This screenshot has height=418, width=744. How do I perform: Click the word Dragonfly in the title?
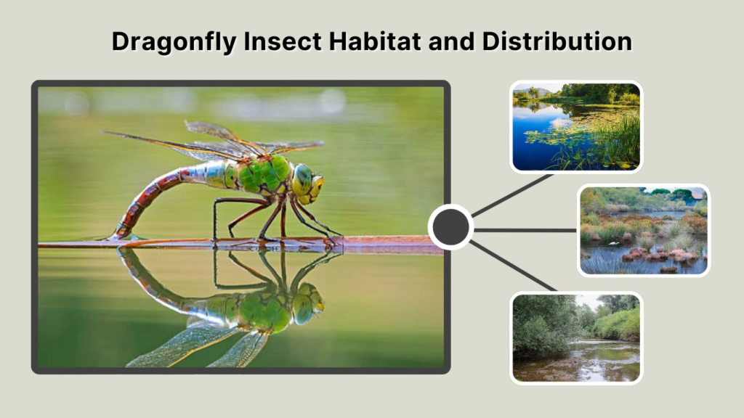[x=173, y=42]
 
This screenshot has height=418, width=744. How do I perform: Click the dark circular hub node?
[x=450, y=228]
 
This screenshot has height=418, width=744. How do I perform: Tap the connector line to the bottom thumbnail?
[x=512, y=266]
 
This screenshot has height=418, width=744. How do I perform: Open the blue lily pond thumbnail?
[x=575, y=127]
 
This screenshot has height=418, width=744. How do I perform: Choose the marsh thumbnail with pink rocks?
[x=643, y=230]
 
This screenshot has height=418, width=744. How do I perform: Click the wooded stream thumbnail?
[x=575, y=337]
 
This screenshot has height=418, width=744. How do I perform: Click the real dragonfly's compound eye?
[x=302, y=178]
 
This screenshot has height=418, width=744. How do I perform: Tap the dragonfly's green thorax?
[x=266, y=174]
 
